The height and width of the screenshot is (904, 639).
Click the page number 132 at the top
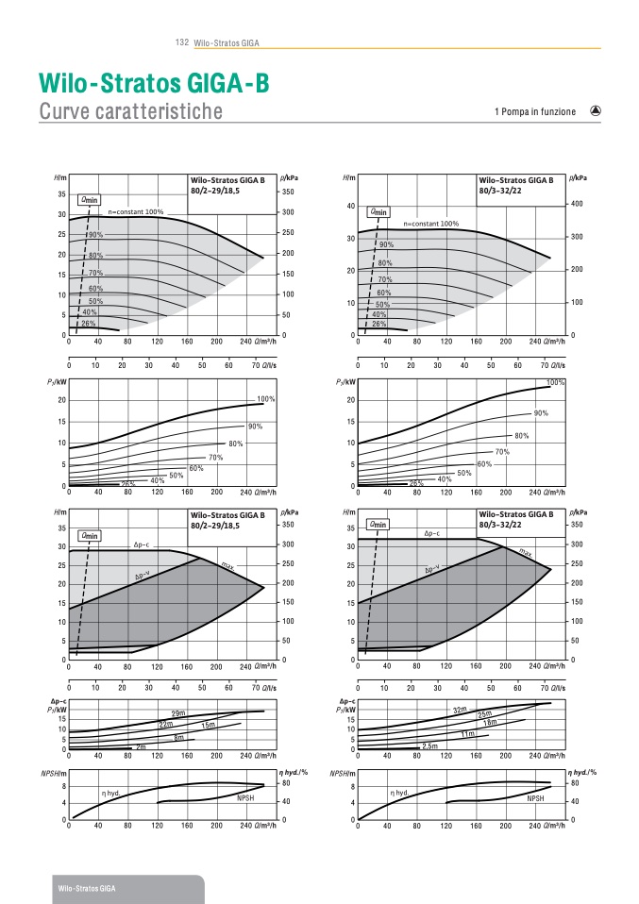182,42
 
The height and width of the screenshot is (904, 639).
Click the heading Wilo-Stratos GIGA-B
154,84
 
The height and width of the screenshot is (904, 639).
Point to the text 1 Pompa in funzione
534,111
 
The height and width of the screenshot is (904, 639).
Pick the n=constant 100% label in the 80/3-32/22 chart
430,224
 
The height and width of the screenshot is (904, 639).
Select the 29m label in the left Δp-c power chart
177,712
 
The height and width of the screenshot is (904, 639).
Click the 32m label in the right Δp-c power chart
461,710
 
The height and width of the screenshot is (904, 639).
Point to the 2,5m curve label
430,746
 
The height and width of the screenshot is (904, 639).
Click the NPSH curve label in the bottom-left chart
247,798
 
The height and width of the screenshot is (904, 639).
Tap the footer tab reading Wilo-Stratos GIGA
87,889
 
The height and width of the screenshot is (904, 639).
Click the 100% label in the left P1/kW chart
266,399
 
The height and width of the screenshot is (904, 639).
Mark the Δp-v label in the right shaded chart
432,569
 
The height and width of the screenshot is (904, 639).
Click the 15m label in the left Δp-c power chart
209,724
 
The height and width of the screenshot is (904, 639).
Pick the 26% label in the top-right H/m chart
379,324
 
